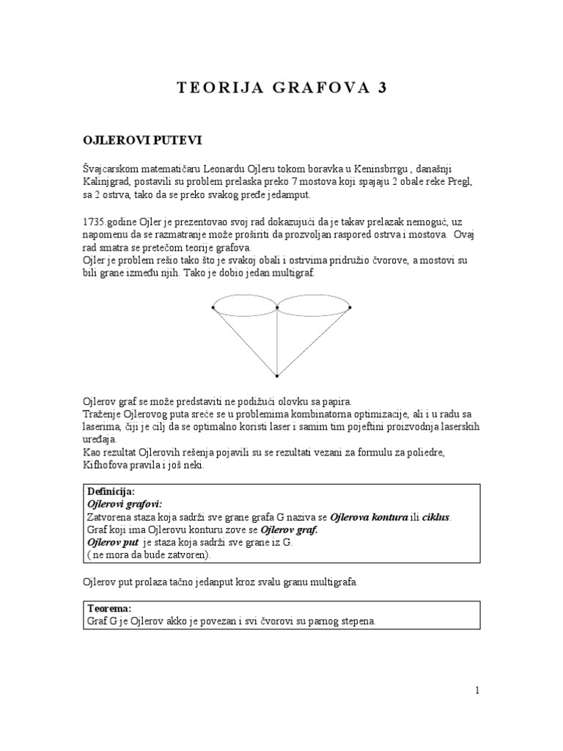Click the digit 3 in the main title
tap(381, 88)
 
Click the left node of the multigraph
tap(213, 307)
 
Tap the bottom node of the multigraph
tap(277, 376)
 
